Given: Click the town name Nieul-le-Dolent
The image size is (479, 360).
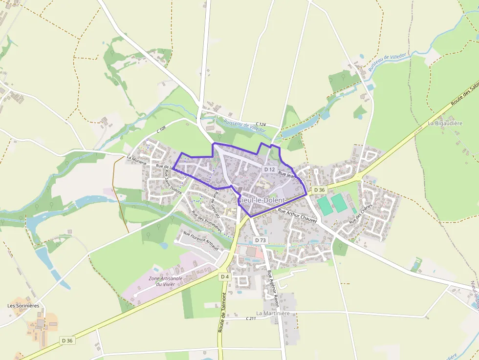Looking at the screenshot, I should [x=261, y=201].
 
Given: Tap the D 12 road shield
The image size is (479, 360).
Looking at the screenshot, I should [x=269, y=169].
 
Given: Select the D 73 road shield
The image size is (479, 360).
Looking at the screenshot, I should [x=261, y=240].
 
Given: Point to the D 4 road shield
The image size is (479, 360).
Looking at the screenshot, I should [x=224, y=276].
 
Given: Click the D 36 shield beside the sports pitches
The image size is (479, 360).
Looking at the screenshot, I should [x=319, y=190].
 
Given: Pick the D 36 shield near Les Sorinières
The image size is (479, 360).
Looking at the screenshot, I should [x=67, y=340].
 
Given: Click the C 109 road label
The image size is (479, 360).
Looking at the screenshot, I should [x=161, y=130].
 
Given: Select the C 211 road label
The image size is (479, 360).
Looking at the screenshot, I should [x=251, y=318].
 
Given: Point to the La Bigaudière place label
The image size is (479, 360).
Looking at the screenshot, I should [x=445, y=124].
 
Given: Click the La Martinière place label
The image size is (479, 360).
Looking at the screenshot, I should [x=273, y=313].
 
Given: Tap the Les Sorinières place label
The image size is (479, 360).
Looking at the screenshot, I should [x=23, y=306].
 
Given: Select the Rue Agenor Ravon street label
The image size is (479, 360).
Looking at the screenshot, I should [x=273, y=289].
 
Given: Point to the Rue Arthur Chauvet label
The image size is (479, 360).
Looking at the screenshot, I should [x=297, y=215].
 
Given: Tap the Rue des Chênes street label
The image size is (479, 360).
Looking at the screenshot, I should [x=361, y=215].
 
